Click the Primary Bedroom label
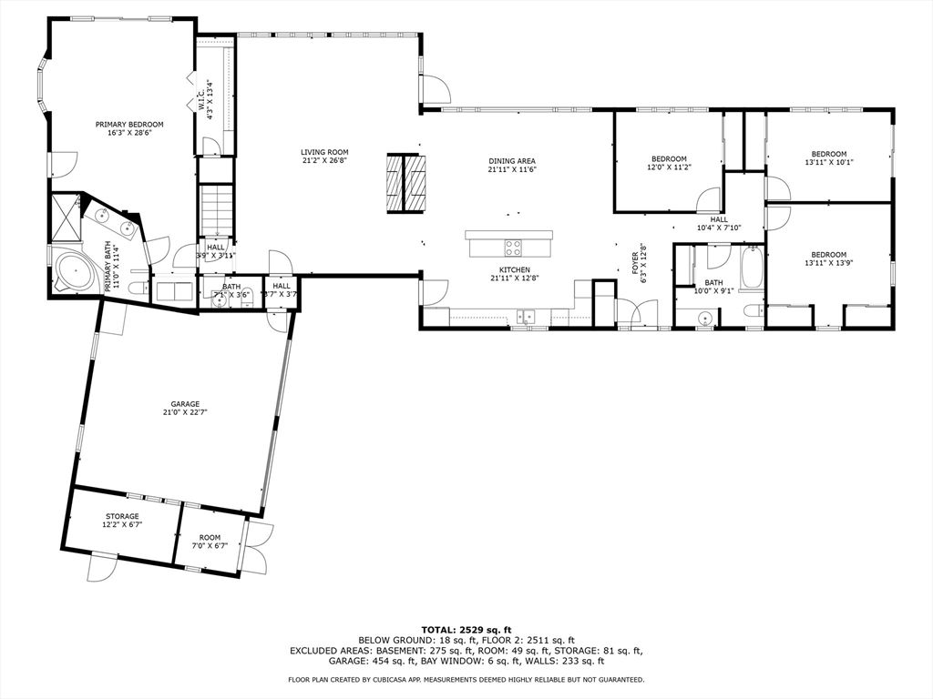(129, 124)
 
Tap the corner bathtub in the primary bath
(73, 270)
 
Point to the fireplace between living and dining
(405, 183)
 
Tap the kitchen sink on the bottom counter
(527, 316)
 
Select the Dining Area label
(512, 160)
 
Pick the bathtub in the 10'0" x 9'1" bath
(751, 268)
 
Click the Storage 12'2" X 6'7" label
(121, 516)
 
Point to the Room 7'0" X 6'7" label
(210, 537)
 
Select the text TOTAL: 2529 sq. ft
(466, 630)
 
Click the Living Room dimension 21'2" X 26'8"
(325, 160)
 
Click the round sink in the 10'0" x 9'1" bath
(705, 318)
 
